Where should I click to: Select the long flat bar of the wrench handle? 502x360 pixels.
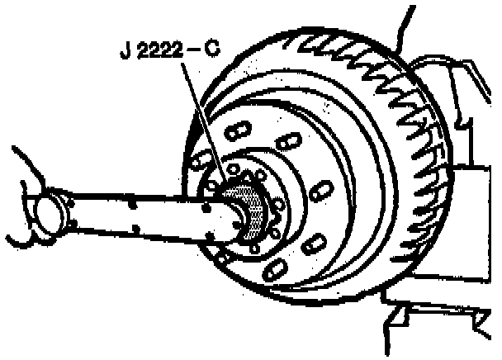coord(132,216)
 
